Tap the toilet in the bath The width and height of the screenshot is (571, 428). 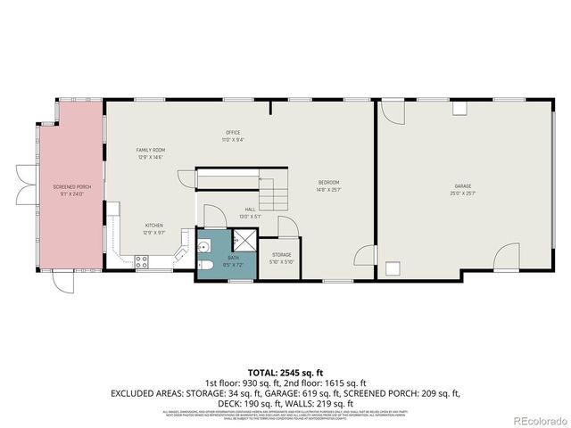pyautogui.click(x=204, y=266)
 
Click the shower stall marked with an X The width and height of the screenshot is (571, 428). pyautogui.click(x=244, y=241)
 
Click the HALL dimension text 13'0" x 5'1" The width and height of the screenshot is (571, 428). pyautogui.click(x=251, y=215)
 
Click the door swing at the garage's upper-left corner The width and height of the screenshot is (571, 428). pyautogui.click(x=392, y=111)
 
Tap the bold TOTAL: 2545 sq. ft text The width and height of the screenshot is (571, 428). pyautogui.click(x=285, y=370)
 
